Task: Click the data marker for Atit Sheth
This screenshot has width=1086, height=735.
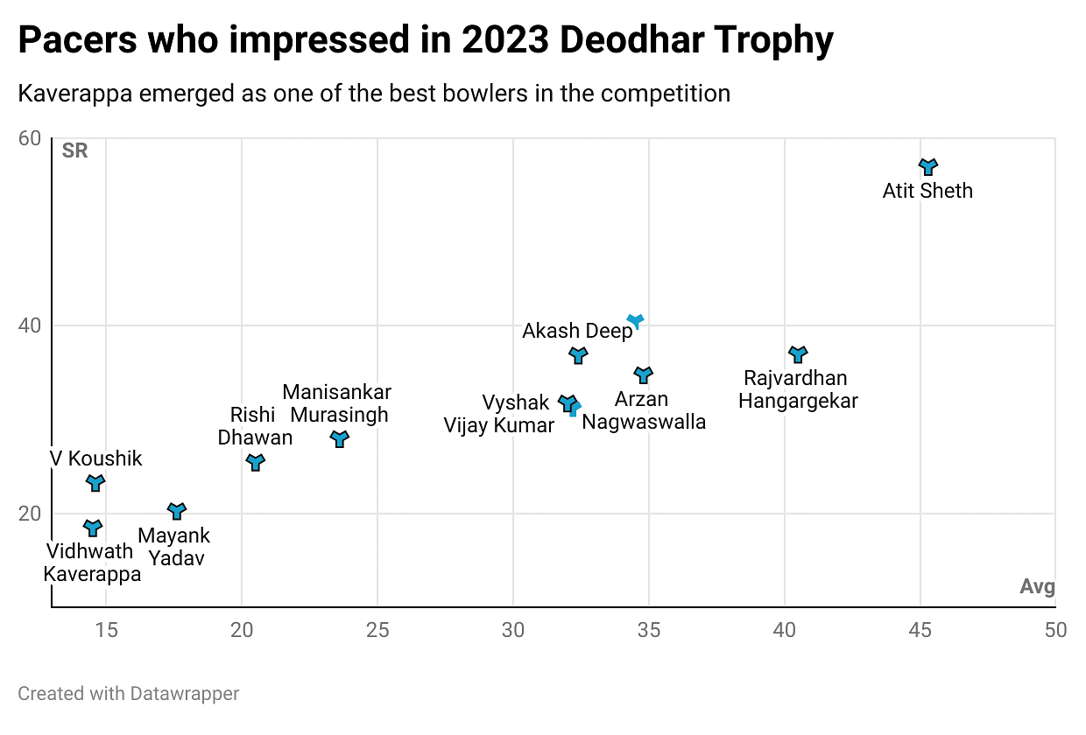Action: click(928, 165)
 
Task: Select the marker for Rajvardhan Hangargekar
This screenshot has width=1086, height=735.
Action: click(797, 353)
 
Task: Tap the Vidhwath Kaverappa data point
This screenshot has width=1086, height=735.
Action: click(93, 527)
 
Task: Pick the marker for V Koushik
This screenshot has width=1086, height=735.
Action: click(95, 482)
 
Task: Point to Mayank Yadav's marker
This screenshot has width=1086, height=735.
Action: click(177, 511)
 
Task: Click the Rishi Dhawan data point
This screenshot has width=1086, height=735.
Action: click(256, 462)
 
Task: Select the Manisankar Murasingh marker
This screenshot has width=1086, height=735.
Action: click(340, 438)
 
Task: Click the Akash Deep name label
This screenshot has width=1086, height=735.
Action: click(577, 331)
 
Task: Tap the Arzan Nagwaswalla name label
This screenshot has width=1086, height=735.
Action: click(644, 410)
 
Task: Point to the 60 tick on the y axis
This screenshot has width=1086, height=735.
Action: click(31, 139)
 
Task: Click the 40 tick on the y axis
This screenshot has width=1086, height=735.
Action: click(31, 326)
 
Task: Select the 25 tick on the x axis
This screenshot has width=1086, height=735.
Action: click(377, 630)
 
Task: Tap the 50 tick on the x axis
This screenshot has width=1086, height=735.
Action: click(1055, 630)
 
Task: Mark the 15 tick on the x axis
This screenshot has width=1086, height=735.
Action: click(106, 630)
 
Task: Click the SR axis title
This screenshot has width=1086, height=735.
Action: click(75, 150)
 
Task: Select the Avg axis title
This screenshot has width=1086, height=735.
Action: click(1037, 587)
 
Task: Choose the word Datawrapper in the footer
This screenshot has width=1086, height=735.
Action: click(185, 694)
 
